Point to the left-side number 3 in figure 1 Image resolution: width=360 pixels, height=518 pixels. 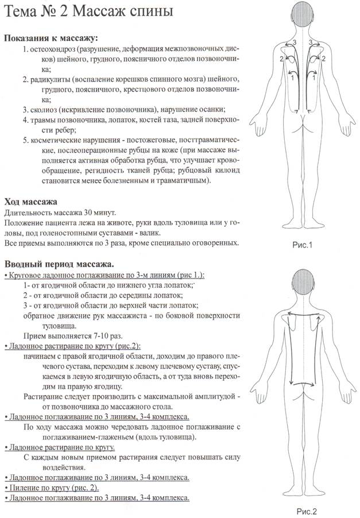295,43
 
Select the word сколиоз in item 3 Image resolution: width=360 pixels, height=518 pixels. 47,109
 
